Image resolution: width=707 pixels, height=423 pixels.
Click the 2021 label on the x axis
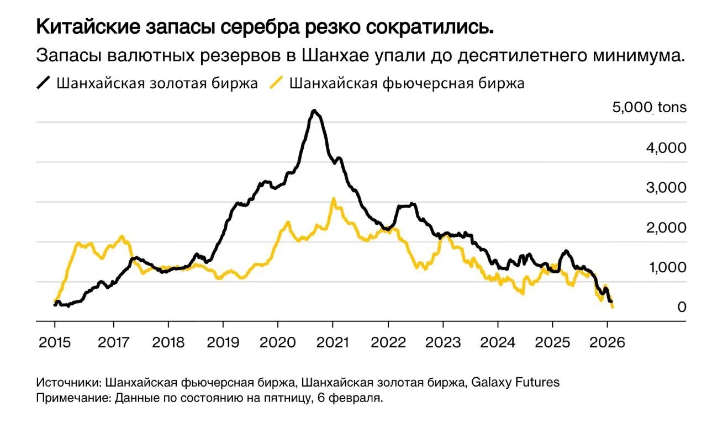(x=333, y=342)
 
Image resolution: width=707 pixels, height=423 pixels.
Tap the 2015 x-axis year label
(x=55, y=342)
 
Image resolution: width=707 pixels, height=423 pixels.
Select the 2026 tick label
(x=607, y=342)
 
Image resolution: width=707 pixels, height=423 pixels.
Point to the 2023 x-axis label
(x=443, y=342)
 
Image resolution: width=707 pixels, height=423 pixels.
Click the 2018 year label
(x=168, y=342)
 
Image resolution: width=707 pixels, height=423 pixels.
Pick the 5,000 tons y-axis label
(x=649, y=107)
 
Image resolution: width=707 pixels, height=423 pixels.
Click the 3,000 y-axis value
(x=666, y=188)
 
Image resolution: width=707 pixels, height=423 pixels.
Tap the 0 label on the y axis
(x=682, y=307)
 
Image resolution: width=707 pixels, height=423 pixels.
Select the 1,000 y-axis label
(x=668, y=267)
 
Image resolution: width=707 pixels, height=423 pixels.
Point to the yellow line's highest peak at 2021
(x=333, y=199)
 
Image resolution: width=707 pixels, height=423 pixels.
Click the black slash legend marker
(x=44, y=83)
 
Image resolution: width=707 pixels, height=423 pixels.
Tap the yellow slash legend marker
(x=276, y=83)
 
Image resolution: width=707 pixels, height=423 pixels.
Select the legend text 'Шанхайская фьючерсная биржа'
(x=407, y=83)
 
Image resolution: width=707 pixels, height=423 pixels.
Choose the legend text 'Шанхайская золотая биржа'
(x=157, y=83)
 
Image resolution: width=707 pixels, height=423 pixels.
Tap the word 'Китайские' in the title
(x=88, y=27)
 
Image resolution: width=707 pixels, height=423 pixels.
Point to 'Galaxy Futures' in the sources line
(x=515, y=382)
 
